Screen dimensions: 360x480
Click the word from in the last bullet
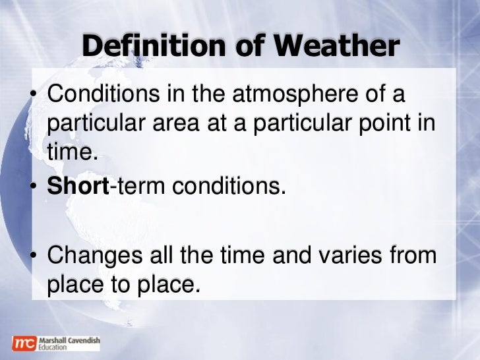coord(413,255)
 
